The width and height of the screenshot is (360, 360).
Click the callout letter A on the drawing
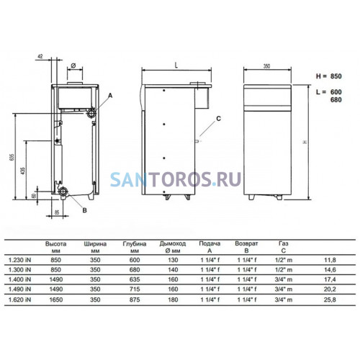tap(110, 96)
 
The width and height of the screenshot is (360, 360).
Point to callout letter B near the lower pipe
tap(84, 210)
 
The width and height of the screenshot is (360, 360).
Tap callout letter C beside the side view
tap(218, 119)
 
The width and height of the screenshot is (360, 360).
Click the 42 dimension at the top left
tap(40, 56)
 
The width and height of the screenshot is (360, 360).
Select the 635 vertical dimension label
tap(12, 157)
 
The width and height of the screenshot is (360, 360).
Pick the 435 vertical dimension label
tap(23, 171)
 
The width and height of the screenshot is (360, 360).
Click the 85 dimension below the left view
tap(57, 212)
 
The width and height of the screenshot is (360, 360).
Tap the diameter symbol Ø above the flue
tap(73, 66)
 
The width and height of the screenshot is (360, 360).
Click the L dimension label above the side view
tap(176, 66)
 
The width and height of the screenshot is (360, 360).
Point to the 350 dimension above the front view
tap(266, 66)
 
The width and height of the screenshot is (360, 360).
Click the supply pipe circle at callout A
tap(91, 112)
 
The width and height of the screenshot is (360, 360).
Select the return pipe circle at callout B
tap(63, 192)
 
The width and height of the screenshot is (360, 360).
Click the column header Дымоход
tap(173, 243)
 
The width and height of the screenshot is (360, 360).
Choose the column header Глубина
tap(135, 244)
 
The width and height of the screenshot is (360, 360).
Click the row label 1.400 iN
tap(19, 279)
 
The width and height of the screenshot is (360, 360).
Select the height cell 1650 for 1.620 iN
tap(56, 300)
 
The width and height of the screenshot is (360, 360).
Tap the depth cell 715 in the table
tap(135, 289)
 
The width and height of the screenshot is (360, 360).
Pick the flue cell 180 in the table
tap(173, 300)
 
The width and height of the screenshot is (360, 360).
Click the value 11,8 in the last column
tap(330, 260)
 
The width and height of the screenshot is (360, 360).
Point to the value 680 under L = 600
tap(336, 99)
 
